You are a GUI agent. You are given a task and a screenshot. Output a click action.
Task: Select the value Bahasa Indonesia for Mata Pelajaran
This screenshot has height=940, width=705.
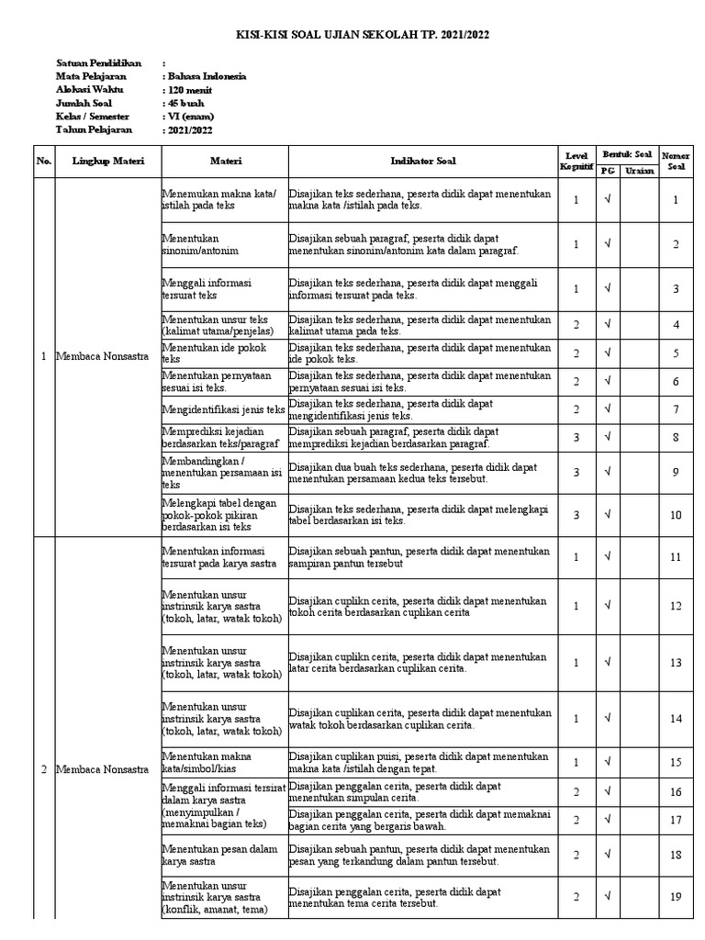pyautogui.click(x=204, y=77)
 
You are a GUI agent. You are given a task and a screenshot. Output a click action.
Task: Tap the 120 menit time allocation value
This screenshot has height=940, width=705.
pyautogui.click(x=185, y=91)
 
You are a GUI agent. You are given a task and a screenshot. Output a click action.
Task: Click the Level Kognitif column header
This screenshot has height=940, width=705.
pyautogui.click(x=576, y=161)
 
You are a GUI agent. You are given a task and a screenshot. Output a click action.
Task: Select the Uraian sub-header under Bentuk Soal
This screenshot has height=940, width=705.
pyautogui.click(x=639, y=171)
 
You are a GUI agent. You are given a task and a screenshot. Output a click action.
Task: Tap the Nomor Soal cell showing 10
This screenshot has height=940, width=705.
pyautogui.click(x=676, y=515)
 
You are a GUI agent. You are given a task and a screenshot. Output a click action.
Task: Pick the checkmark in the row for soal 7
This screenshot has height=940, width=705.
pyautogui.click(x=607, y=409)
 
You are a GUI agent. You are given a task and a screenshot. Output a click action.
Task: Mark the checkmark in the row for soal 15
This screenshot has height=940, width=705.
pyautogui.click(x=607, y=762)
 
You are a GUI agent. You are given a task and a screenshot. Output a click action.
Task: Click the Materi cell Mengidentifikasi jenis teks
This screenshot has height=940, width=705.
pyautogui.click(x=224, y=409)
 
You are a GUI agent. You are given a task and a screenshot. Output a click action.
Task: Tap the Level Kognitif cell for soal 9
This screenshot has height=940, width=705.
pyautogui.click(x=576, y=472)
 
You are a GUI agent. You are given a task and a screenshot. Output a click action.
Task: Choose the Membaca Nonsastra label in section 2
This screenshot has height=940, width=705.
pyautogui.click(x=102, y=769)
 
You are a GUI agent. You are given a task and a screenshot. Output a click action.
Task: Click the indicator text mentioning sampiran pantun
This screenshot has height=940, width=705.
pyautogui.click(x=419, y=556)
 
